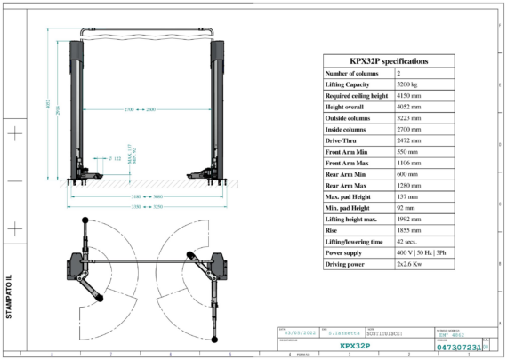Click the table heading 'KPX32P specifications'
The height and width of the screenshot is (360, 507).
(388, 61)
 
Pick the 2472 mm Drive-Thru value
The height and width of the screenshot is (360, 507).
(412, 140)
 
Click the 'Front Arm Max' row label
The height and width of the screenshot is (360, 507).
(347, 164)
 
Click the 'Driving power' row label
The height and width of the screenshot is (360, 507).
(346, 266)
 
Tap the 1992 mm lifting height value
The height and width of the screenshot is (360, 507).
(412, 220)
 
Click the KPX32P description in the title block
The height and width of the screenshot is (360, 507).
(354, 346)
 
